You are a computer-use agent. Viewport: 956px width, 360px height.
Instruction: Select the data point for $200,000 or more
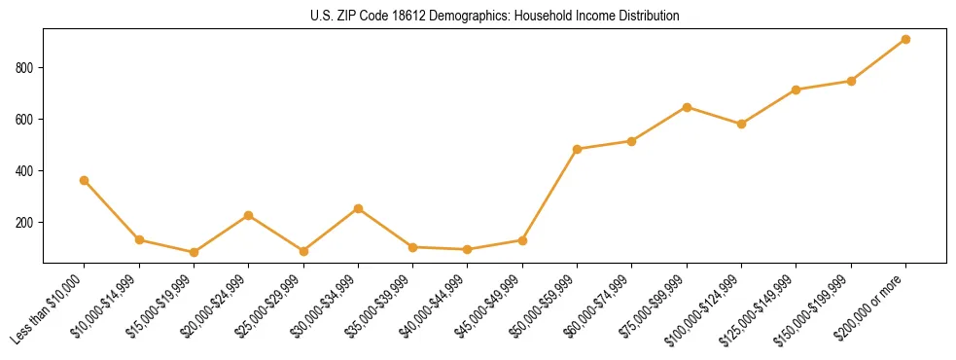click(905, 39)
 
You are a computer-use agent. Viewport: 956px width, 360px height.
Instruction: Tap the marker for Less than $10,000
click(85, 180)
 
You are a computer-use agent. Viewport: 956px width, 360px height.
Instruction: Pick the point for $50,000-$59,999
click(578, 149)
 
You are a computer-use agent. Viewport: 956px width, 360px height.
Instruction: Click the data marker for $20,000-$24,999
click(249, 215)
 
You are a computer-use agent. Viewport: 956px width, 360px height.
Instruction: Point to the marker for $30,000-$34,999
click(358, 208)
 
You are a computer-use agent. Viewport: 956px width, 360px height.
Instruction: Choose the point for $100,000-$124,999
click(741, 124)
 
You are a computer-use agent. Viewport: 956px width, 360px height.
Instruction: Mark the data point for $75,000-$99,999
click(687, 107)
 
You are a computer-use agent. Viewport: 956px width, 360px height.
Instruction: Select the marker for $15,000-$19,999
click(194, 252)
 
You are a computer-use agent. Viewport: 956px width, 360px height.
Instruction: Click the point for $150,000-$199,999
click(851, 81)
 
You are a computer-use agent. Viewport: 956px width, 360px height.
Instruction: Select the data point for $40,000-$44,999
click(468, 249)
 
